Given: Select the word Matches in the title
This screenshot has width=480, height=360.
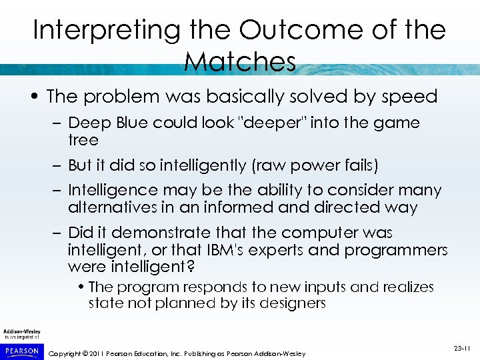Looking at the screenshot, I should tap(239, 62).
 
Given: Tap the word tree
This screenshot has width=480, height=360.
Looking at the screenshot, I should tap(83, 140).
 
